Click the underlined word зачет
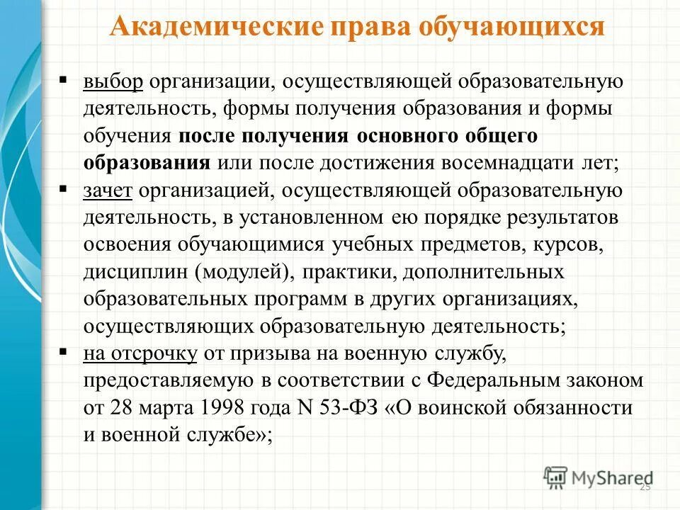pyautogui.click(x=108, y=191)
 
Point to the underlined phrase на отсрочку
pyautogui.click(x=140, y=353)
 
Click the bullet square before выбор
pyautogui.click(x=64, y=78)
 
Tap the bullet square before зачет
pyautogui.click(x=64, y=188)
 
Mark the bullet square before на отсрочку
pyautogui.click(x=64, y=350)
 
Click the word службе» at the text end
pyautogui.click(x=237, y=435)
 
